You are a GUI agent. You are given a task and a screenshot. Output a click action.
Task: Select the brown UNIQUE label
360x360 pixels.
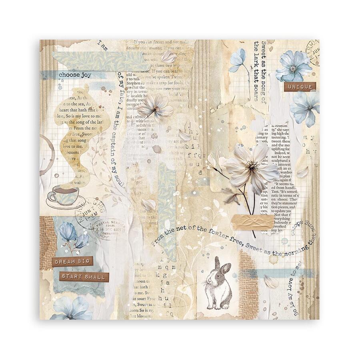300,86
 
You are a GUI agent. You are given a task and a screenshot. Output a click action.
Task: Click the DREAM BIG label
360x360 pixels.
72,261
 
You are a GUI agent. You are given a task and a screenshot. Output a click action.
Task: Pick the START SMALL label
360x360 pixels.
84,277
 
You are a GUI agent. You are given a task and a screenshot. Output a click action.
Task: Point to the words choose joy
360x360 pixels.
75,74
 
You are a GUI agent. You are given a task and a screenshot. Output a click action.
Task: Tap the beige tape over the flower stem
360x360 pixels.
252,222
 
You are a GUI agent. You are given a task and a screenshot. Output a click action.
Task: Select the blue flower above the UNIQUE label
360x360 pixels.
295,66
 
